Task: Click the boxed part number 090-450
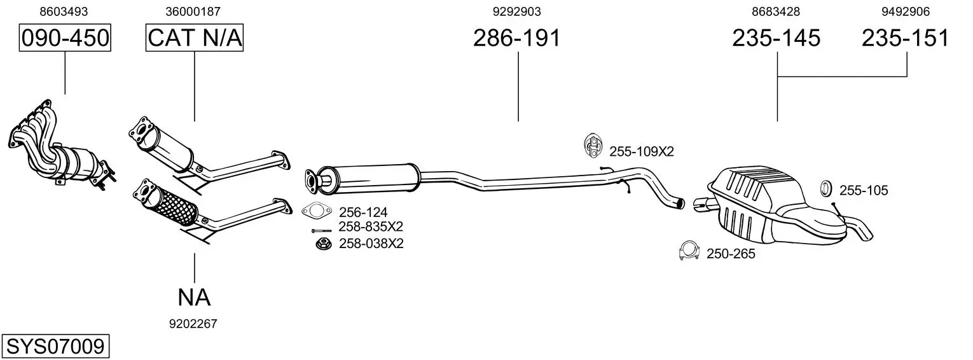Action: click(x=65, y=38)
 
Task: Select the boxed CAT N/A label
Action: click(x=194, y=38)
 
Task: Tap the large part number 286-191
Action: click(x=517, y=38)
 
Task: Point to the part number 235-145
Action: click(x=776, y=38)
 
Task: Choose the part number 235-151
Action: click(x=906, y=38)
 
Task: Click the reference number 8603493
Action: click(x=64, y=11)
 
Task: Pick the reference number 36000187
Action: click(x=193, y=11)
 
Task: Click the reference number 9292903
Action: click(x=517, y=11)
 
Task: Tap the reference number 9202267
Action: click(x=193, y=324)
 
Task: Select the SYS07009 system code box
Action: click(x=55, y=347)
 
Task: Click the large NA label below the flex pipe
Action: click(x=194, y=298)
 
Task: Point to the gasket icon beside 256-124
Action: click(x=317, y=211)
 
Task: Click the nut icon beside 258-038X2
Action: click(x=323, y=244)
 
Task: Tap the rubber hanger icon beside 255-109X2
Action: click(x=593, y=146)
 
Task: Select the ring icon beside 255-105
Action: click(x=825, y=189)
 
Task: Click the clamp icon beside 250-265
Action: click(x=689, y=251)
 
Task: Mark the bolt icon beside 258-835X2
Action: click(x=321, y=231)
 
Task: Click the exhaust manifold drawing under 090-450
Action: click(x=62, y=146)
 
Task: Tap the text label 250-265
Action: click(x=731, y=254)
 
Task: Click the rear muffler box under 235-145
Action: click(x=782, y=204)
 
